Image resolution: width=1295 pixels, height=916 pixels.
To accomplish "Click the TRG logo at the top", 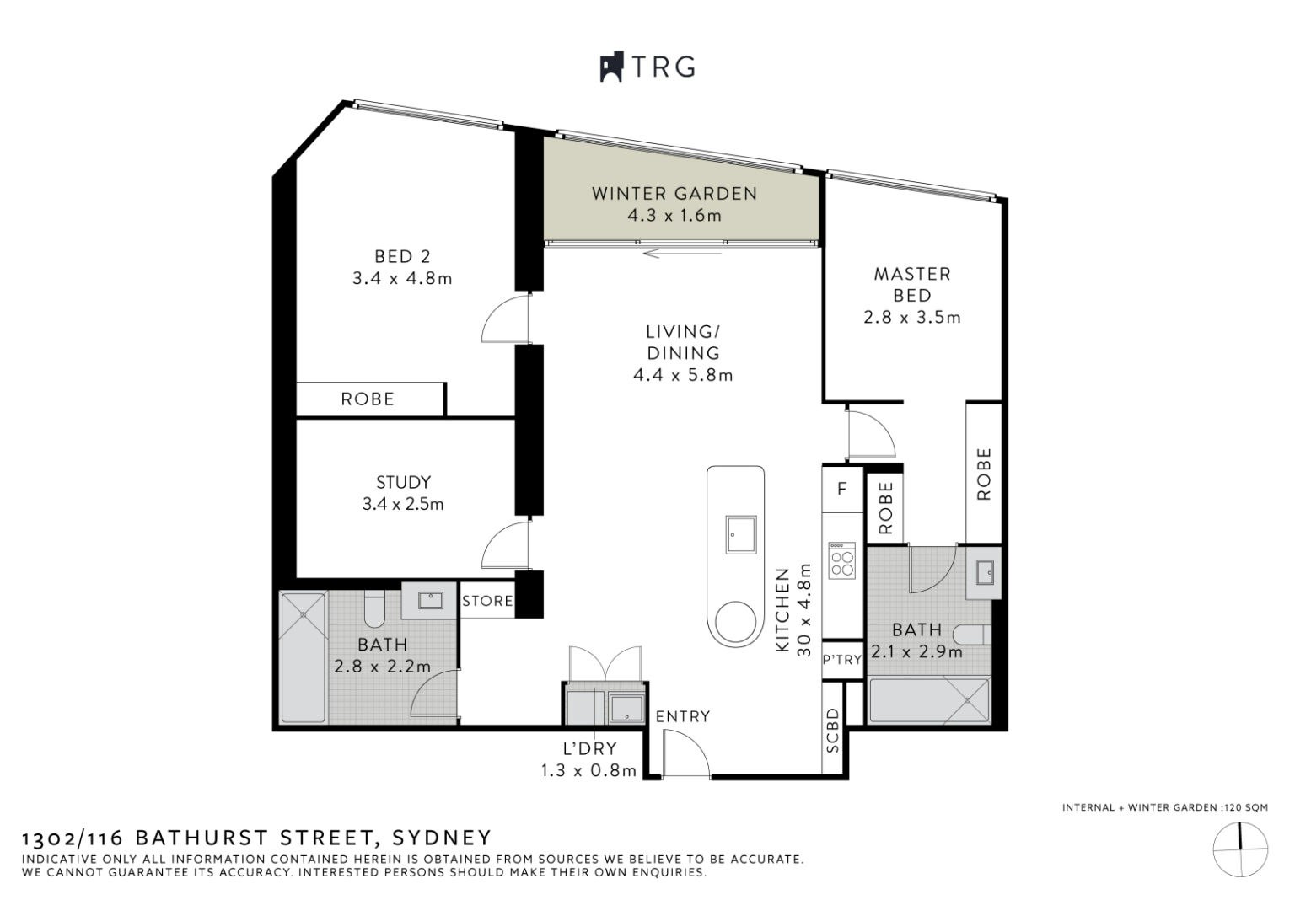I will coord(647,67).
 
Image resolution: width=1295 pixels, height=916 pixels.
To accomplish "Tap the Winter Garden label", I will coord(674,193).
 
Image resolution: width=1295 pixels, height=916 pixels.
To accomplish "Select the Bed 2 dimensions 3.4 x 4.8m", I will coord(402,278).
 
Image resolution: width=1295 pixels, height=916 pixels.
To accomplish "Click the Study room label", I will coord(403,482).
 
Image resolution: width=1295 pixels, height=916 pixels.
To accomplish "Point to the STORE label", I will coord(487,601).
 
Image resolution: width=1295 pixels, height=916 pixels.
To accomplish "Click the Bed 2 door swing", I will coord(504,319).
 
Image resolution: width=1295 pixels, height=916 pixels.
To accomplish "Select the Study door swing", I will coord(504,546).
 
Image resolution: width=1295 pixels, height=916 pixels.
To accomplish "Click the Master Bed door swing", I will coord(869,435).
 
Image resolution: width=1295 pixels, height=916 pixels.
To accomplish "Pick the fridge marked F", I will coord(841,490).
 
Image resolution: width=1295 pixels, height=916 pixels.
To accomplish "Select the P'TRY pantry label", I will coord(841,660).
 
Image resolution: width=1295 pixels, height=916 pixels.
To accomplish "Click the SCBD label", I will coord(833,730).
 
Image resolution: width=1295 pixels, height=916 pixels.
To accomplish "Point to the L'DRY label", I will coord(590,747).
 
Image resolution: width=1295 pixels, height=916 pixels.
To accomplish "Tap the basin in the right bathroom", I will coord(984,573).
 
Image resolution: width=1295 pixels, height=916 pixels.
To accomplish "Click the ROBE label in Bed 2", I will coord(368,399).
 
